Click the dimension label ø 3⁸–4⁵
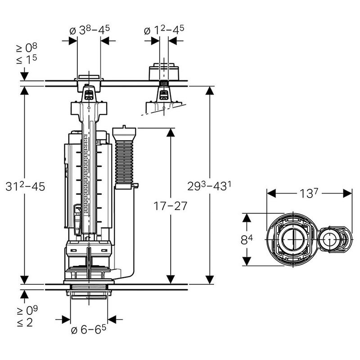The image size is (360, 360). click(x=90, y=31)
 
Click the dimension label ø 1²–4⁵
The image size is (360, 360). click(x=164, y=31)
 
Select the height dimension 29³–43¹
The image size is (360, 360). click(x=209, y=185)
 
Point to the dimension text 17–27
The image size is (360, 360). click(x=170, y=206)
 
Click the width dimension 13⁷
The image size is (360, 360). click(x=310, y=193)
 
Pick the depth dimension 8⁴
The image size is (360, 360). click(x=246, y=239)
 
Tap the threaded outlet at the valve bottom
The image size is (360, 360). click(x=89, y=291)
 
